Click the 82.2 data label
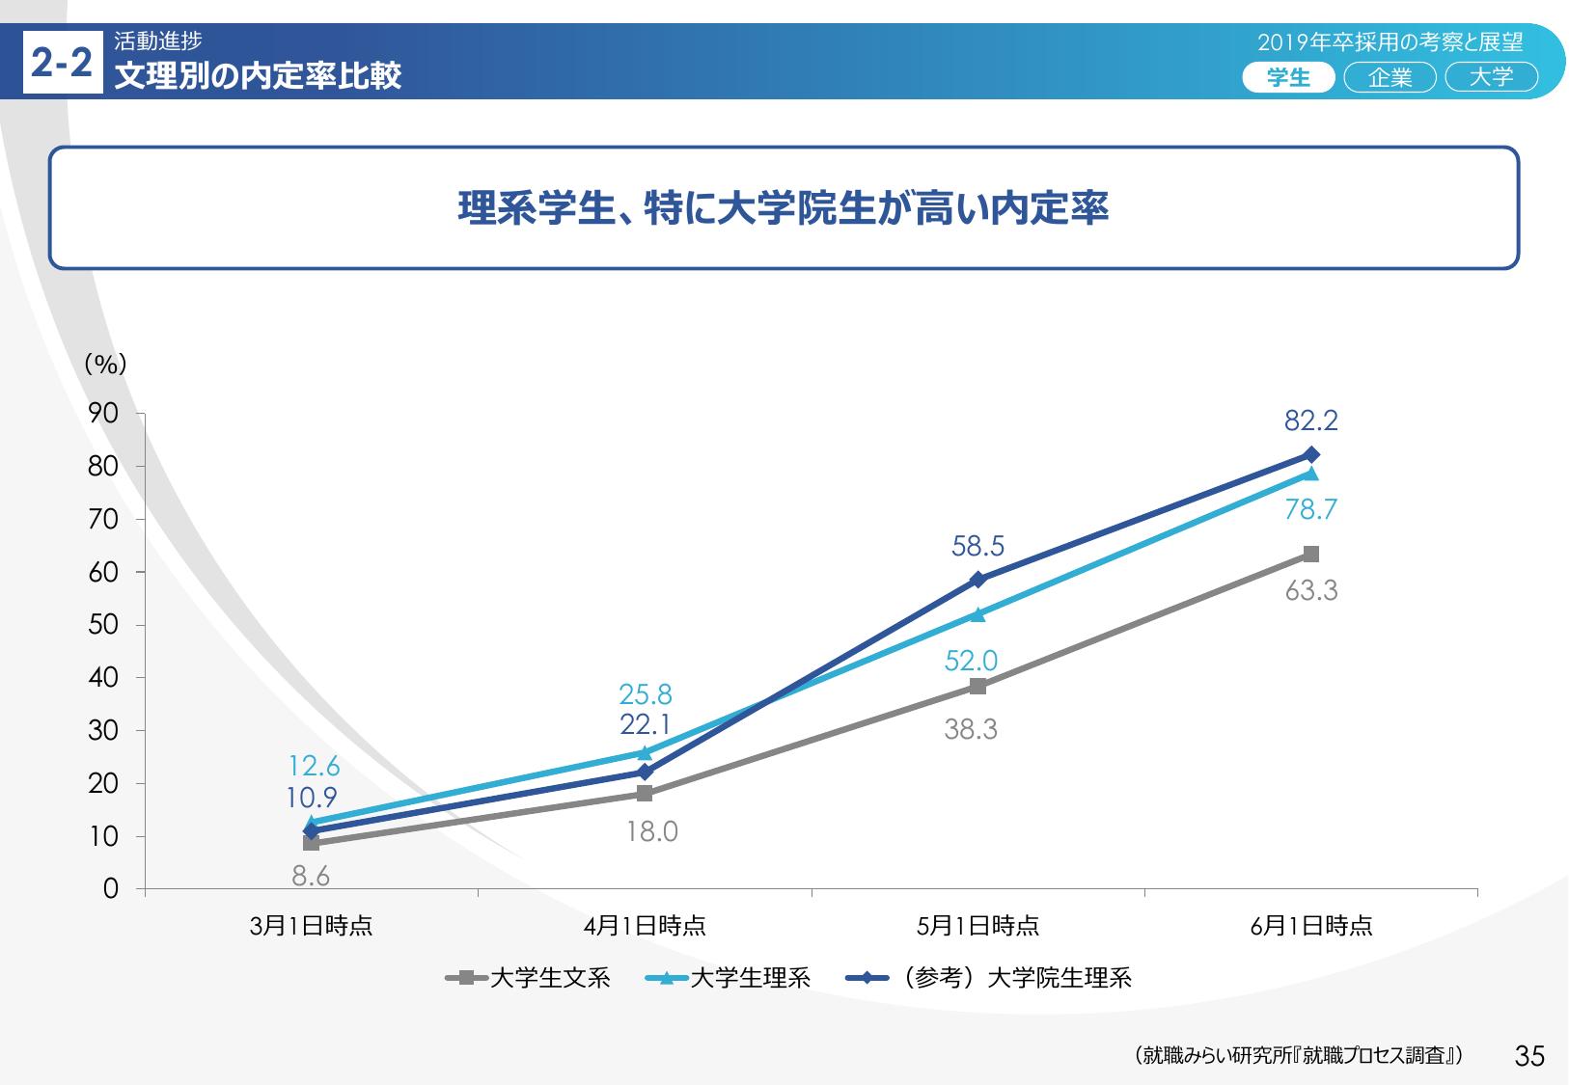[1310, 420]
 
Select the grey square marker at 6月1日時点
[1310, 554]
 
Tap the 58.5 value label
[977, 546]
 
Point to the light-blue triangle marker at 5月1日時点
[977, 614]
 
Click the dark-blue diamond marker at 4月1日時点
[645, 772]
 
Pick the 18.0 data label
[652, 831]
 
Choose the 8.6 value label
[311, 876]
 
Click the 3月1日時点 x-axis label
[311, 926]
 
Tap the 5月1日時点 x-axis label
[977, 926]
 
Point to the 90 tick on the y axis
[103, 414]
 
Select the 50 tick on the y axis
[103, 625]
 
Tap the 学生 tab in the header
[1288, 77]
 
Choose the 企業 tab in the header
[1390, 77]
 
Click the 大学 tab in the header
[1491, 77]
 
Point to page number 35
[1529, 1056]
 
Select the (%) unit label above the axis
[105, 364]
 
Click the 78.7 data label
[1310, 509]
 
